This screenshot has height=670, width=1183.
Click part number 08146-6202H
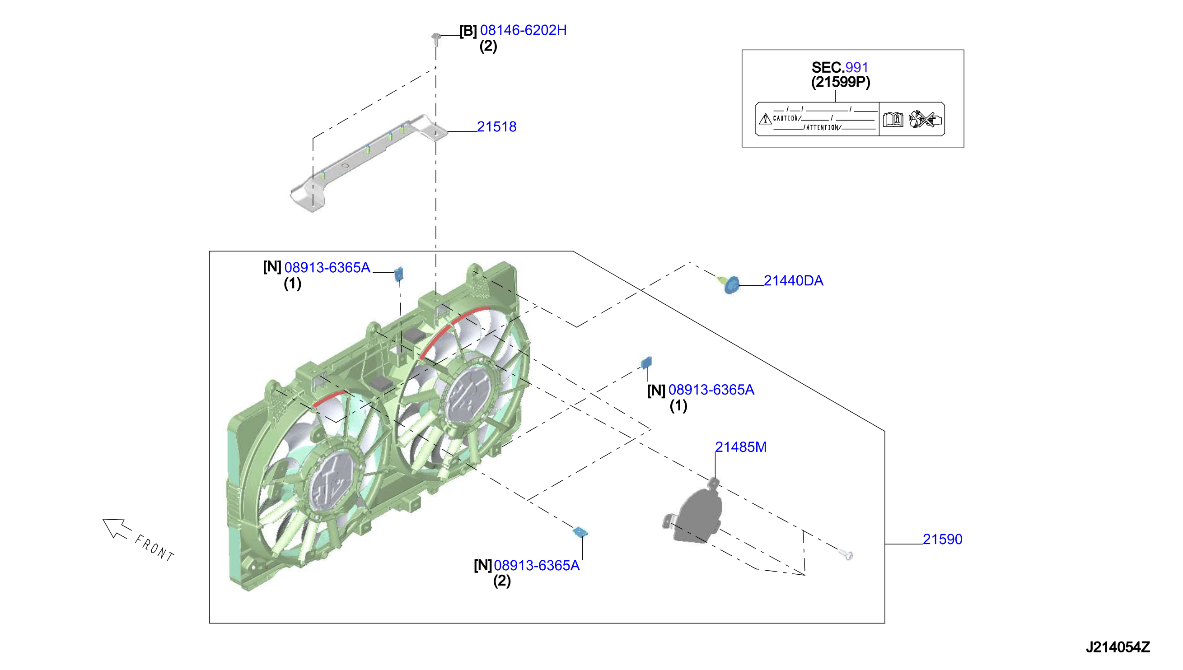523,30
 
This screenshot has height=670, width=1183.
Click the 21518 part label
497,126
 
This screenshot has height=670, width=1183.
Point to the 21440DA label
793,280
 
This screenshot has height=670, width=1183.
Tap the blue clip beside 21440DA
730,284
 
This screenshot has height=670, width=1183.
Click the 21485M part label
741,447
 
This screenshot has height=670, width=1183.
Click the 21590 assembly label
942,539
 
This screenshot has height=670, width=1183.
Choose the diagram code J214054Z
1118,647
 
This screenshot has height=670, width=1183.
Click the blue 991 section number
856,68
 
